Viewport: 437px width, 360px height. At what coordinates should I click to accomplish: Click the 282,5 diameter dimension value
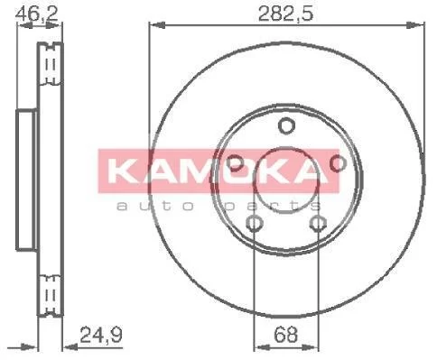(x=285, y=14)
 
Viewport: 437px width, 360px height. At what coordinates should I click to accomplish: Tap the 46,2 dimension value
(x=37, y=13)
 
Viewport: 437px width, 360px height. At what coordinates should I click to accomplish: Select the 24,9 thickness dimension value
(x=100, y=335)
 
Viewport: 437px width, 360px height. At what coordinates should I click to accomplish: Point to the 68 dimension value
(x=285, y=335)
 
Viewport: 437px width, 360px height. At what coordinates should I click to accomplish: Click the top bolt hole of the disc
(x=286, y=125)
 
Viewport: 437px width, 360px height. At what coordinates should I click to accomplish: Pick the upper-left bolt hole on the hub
(x=236, y=163)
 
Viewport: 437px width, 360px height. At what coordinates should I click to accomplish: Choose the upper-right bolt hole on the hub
(x=339, y=163)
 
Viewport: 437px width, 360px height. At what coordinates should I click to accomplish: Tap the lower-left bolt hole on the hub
(x=255, y=224)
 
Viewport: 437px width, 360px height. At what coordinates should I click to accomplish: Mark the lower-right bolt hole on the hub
(x=319, y=224)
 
